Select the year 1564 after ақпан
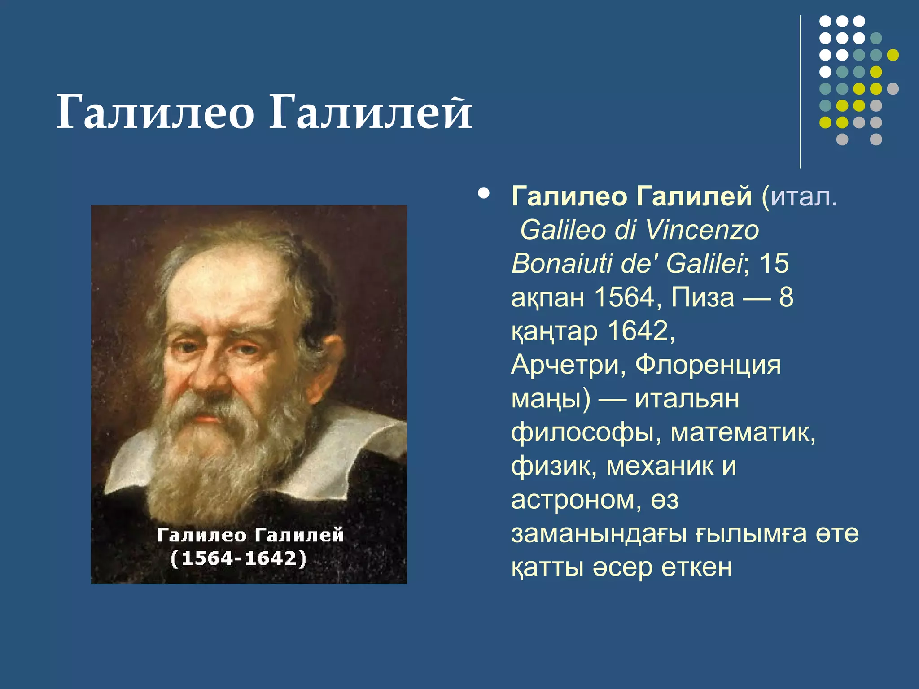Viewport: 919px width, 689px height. coord(624,297)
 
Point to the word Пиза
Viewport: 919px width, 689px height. coord(703,297)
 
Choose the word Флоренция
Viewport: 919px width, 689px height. coord(708,365)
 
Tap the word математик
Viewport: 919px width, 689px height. coord(743,432)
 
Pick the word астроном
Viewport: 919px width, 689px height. coord(572,500)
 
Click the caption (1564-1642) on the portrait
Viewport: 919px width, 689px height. coord(239,559)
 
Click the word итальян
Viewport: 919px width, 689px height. coord(687,398)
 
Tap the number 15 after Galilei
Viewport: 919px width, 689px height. coord(774,263)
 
